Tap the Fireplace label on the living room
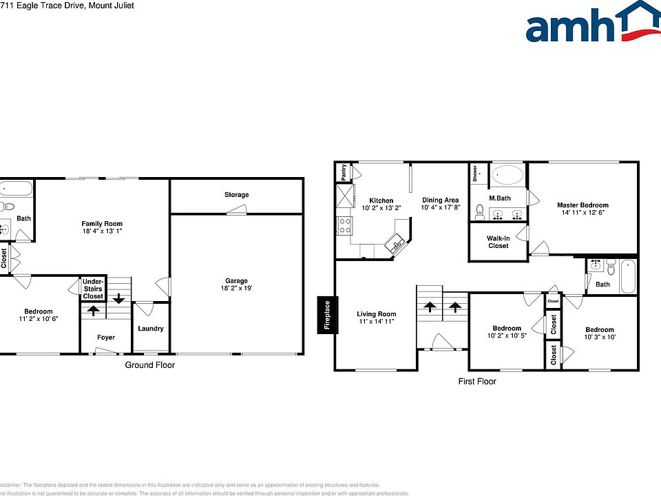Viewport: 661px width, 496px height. tap(328, 315)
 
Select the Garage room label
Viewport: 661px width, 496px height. tap(236, 280)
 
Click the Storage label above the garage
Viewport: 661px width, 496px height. tap(236, 195)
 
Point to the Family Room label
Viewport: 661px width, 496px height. tap(102, 224)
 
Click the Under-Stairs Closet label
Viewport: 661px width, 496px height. tap(93, 289)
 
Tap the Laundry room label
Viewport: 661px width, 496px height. tap(151, 329)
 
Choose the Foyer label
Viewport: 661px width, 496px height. tap(105, 338)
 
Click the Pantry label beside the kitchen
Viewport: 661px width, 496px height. tap(343, 172)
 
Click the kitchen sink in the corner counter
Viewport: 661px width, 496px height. tap(397, 243)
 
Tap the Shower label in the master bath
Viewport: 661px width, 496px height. tap(475, 174)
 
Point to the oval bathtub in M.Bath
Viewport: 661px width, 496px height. tap(508, 175)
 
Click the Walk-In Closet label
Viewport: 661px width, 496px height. tap(498, 242)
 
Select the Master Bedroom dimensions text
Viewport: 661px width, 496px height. tap(583, 213)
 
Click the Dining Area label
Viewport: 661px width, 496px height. tap(440, 200)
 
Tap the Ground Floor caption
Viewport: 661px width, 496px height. tap(149, 365)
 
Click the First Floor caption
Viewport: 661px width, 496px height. tap(477, 381)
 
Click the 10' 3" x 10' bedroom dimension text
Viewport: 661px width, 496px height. tap(599, 338)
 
